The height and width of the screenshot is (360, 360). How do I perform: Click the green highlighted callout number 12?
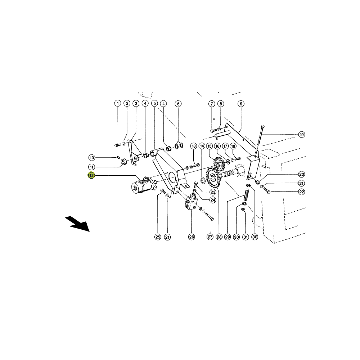tap(91, 175)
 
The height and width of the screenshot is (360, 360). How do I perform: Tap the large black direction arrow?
tap(77, 224)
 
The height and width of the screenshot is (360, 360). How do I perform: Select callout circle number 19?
tap(301, 135)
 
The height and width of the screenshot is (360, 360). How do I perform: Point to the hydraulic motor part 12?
tap(144, 185)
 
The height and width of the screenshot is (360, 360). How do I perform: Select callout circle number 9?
tap(241, 104)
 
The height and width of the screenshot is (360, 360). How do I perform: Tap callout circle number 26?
tap(191, 237)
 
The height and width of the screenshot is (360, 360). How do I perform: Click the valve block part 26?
tap(191, 202)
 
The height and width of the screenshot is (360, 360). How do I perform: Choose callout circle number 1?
tap(118, 103)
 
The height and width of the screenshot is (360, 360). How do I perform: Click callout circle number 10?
tap(91, 158)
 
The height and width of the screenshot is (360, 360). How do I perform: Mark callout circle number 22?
tap(301, 192)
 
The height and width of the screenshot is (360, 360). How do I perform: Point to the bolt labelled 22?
tap(267, 190)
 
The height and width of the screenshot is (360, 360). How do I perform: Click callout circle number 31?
tap(246, 237)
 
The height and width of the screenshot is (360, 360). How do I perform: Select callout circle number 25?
tap(158, 237)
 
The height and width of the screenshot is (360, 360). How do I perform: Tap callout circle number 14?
tap(202, 146)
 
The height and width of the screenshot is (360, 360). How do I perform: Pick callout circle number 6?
tap(178, 104)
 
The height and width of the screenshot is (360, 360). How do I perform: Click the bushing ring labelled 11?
tap(125, 162)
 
